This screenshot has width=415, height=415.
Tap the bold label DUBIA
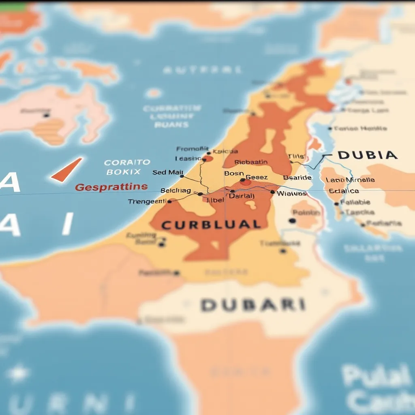click(x=367, y=155)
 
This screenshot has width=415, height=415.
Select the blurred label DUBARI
click(x=253, y=305)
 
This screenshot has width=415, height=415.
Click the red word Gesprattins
click(x=111, y=187)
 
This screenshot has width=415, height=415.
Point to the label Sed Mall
click(x=168, y=172)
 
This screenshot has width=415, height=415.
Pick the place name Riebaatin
click(x=251, y=162)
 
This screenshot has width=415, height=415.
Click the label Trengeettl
click(x=147, y=201)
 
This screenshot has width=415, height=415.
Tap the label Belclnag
click(x=176, y=190)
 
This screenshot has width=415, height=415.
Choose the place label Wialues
click(x=291, y=193)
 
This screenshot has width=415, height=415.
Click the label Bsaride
click(x=297, y=178)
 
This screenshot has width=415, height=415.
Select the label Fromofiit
click(x=193, y=149)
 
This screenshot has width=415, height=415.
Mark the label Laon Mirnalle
click(x=350, y=180)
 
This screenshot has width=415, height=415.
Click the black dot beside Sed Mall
click(x=182, y=176)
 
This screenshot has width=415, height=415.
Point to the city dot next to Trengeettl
click(x=169, y=201)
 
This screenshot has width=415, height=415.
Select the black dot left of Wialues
click(x=272, y=192)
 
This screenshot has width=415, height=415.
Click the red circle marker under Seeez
click(x=245, y=182)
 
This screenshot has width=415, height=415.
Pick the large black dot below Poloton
click(x=292, y=221)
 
